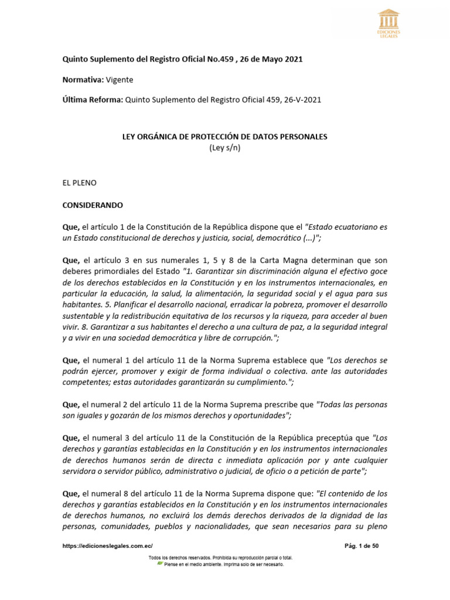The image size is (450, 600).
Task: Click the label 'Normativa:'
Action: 83,80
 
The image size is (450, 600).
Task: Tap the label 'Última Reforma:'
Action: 93,100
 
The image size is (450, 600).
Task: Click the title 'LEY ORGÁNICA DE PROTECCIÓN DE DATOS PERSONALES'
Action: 224,137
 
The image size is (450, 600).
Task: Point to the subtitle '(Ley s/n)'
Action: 225,148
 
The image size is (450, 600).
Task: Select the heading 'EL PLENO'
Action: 79,183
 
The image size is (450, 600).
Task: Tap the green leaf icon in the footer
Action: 160,564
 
